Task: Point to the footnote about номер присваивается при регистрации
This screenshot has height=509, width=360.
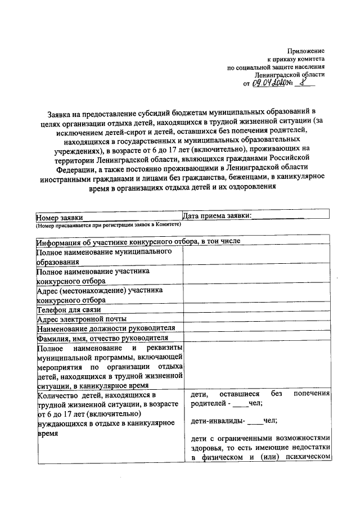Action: pos(107,224)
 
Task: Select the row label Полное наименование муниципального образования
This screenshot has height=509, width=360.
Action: pos(104,256)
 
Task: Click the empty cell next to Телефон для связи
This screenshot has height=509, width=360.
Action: pos(257,309)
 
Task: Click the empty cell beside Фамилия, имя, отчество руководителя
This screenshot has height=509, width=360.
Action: pos(257,337)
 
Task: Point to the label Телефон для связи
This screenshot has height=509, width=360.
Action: pos(69,309)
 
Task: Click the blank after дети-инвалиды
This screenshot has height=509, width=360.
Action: pos(254,421)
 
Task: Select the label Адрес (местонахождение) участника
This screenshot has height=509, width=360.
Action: pos(100,291)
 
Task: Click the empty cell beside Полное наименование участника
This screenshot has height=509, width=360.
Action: pos(257,276)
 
